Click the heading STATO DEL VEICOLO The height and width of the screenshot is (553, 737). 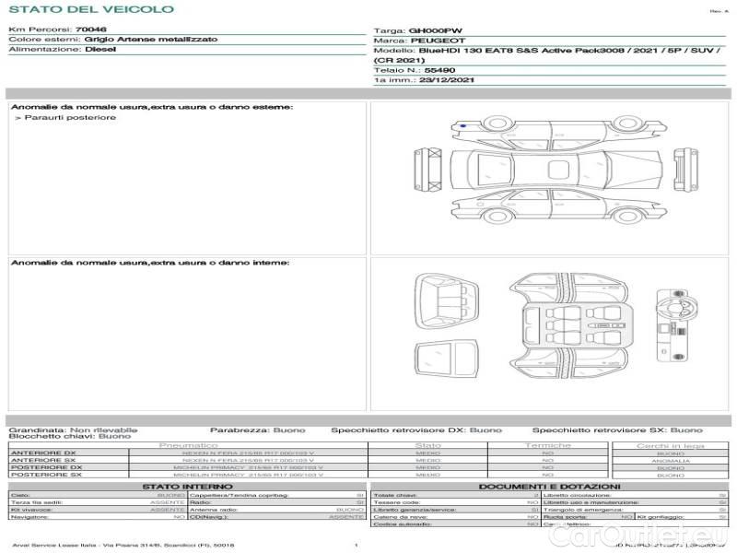coord(91,9)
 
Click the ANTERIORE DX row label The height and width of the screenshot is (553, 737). coord(43,453)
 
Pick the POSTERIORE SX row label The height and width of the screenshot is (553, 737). coord(45,475)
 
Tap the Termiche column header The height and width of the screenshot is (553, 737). coord(548,445)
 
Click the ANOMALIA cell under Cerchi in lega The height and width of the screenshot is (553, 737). coord(670,461)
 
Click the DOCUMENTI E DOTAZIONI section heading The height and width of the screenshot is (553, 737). coord(549,486)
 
